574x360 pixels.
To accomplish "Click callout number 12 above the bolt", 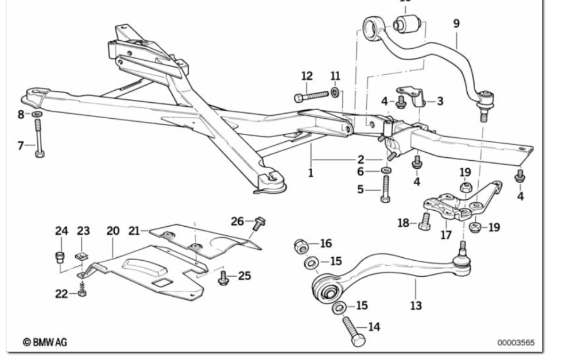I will pyautogui.click(x=307, y=76).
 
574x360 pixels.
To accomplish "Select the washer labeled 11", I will pyautogui.click(x=335, y=92).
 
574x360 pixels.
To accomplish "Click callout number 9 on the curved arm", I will pyautogui.click(x=456, y=24).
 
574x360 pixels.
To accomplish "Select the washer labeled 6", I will pyautogui.click(x=385, y=171).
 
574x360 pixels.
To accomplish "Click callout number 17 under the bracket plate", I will pyautogui.click(x=446, y=235).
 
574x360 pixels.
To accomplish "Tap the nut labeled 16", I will pyautogui.click(x=300, y=245).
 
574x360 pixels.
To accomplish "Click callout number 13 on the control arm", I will pyautogui.click(x=416, y=305).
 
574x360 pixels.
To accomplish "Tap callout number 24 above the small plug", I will pyautogui.click(x=61, y=231).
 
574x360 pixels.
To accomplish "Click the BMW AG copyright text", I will pyautogui.click(x=45, y=342).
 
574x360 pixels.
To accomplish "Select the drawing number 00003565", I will pyautogui.click(x=515, y=343).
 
